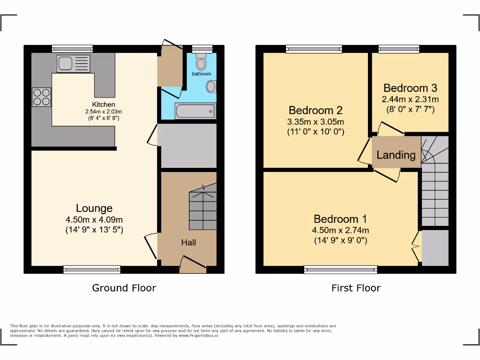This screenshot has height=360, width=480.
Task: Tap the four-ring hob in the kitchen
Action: pos(41,97)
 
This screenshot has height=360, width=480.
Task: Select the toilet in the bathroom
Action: pos(202,62)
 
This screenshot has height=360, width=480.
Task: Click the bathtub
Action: pos(195,112)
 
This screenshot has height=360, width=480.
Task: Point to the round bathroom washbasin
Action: pos(211,87)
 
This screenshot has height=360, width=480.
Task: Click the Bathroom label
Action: pos(202,74)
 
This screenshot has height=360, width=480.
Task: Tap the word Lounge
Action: pos(94,208)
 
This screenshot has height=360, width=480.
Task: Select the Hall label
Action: pos(188,242)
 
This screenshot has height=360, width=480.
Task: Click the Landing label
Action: pos(396,155)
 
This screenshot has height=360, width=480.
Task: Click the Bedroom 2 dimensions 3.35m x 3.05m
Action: pos(316,122)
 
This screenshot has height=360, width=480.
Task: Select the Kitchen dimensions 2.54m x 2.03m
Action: pos(104,112)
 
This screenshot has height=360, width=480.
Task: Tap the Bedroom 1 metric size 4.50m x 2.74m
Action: pos(340,230)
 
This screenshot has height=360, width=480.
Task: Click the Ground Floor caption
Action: pos(124,288)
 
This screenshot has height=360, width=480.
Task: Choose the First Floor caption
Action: pos(356,288)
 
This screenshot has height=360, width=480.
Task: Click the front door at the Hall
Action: pos(193,264)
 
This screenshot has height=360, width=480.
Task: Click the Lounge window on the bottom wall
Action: pos(92,270)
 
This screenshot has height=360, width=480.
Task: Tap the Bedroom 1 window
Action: pos(340,269)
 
